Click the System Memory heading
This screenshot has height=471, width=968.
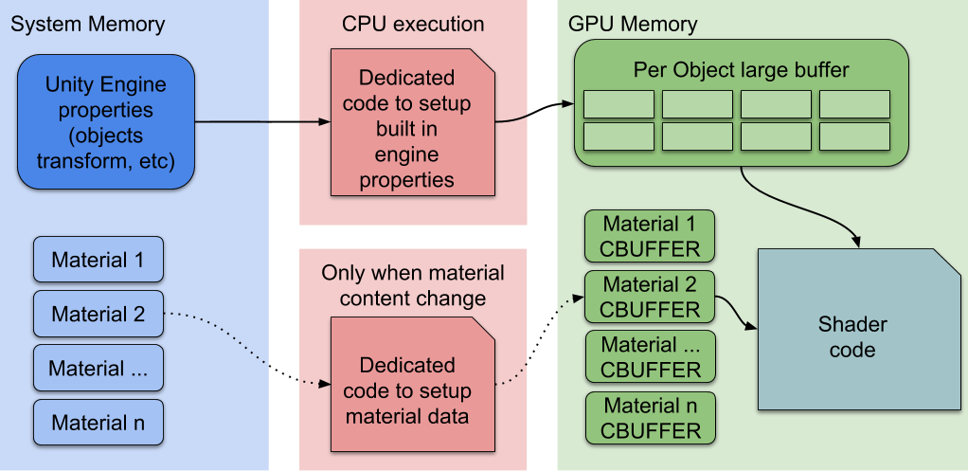87,25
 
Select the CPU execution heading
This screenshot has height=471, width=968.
413,25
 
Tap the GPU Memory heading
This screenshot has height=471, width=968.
633,25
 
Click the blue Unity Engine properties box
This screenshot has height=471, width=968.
106,120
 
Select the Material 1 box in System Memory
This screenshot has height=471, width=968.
99,260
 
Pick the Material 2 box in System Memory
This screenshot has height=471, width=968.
99,314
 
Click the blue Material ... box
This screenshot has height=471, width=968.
99,368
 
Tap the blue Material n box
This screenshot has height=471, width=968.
99,423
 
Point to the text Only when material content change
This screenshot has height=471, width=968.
413,285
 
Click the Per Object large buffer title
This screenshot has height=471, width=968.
741,70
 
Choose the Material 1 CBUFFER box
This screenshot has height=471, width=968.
650,237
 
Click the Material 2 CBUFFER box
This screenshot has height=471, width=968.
650,297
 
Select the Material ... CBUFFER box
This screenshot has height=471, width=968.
650,356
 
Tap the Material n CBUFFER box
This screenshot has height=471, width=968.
650,418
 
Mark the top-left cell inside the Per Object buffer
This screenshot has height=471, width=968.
618,104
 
